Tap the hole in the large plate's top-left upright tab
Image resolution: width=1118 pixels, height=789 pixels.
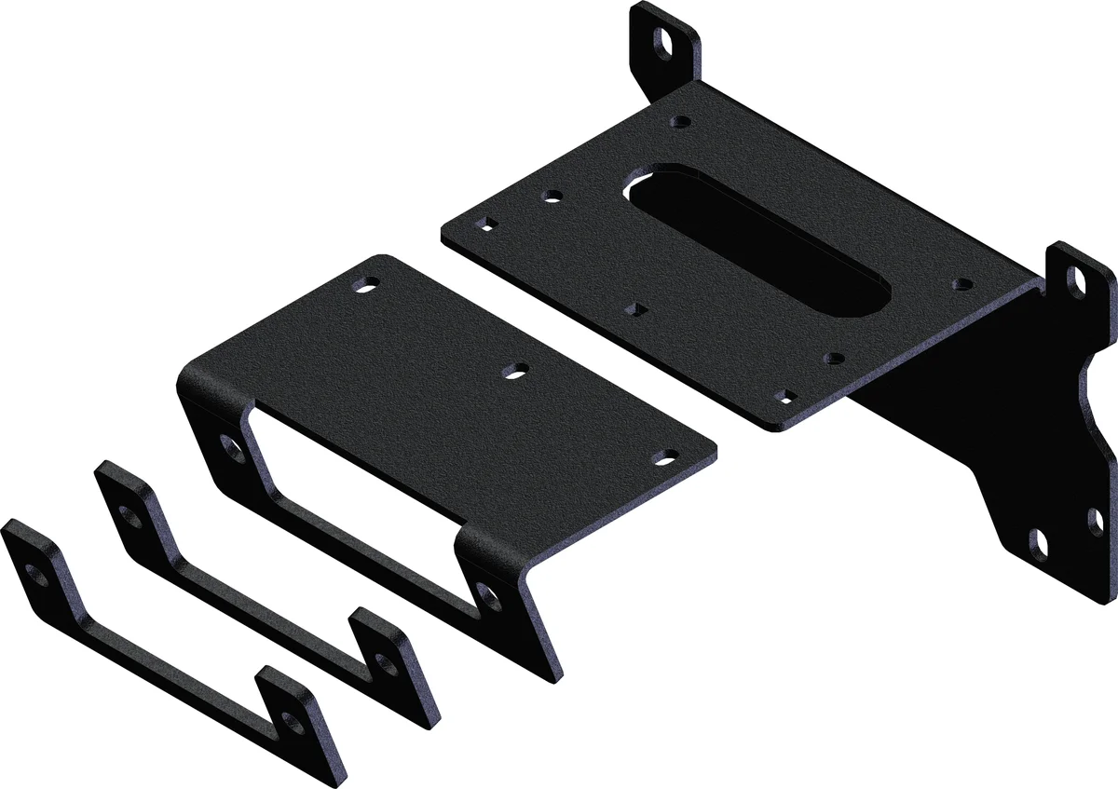pyautogui.click(x=665, y=42)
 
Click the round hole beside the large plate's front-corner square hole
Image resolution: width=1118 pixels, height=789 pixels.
pyautogui.click(x=834, y=357)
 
